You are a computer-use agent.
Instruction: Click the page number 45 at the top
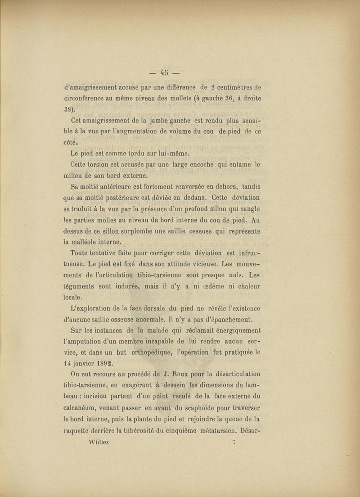tap(164, 72)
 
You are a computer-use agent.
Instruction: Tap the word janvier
tap(85, 362)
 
